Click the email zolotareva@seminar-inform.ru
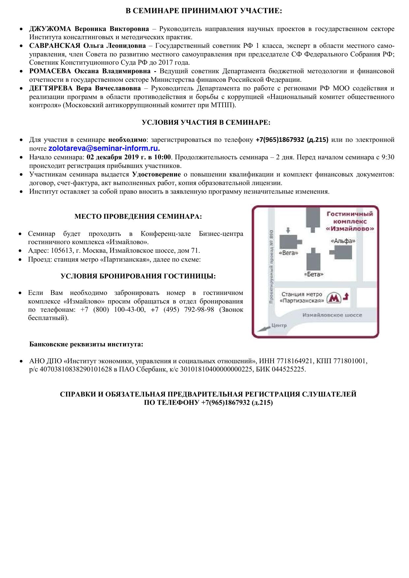coord(104,148)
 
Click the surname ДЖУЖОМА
coord(50,29)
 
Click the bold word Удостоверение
coord(156,174)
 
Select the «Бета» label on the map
coord(313,274)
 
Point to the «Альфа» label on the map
coord(343,241)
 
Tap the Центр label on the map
coord(279,326)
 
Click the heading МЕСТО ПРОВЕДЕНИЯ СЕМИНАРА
coord(138,217)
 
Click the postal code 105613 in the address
coord(61,251)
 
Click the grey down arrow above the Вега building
coord(288,230)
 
